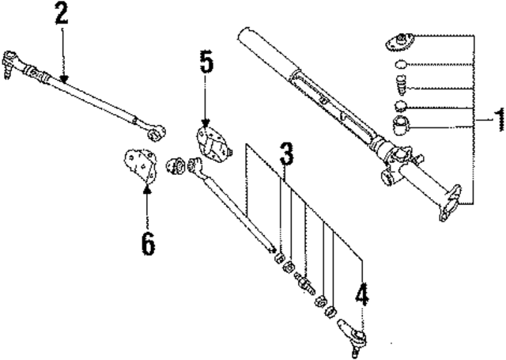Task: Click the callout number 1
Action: tap(497, 119)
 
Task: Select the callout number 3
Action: tap(285, 155)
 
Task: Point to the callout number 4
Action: tap(361, 296)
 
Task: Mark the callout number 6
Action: tap(148, 243)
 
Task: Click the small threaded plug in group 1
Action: tap(402, 84)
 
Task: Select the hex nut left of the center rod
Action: tap(176, 165)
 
